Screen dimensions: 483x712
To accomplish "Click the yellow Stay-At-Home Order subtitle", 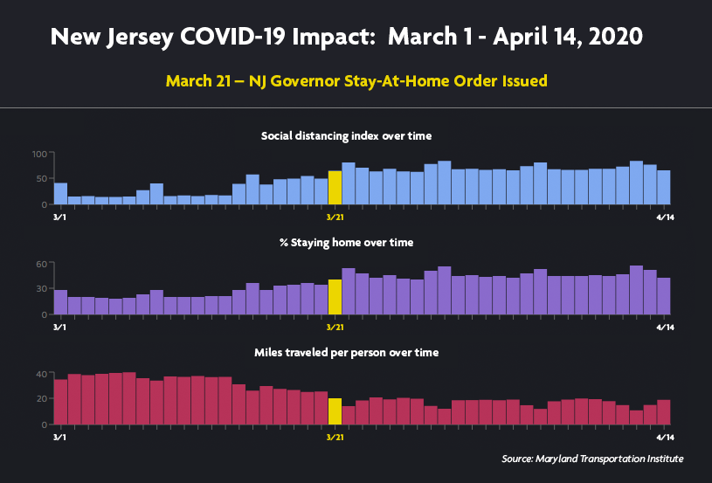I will pyautogui.click(x=356, y=81).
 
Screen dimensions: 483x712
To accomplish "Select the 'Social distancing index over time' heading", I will pyautogui.click(x=346, y=135).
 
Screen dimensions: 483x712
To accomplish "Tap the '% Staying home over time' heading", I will pyautogui.click(x=346, y=242).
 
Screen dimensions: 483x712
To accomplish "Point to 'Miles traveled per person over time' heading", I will pyautogui.click(x=346, y=352).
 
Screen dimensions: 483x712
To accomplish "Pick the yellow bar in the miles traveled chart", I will pyautogui.click(x=335, y=411).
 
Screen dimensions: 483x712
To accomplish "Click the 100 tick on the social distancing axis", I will pyautogui.click(x=38, y=155).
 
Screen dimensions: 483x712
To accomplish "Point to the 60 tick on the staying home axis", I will pyautogui.click(x=40, y=264).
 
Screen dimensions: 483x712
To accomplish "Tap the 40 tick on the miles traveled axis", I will pyautogui.click(x=40, y=374).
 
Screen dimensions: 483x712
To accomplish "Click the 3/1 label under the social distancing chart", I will pyautogui.click(x=59, y=217).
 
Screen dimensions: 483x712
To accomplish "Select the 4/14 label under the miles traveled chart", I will pyautogui.click(x=663, y=437).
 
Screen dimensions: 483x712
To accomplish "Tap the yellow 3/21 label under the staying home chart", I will pyautogui.click(x=335, y=327).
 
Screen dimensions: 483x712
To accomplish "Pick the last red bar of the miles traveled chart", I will pyautogui.click(x=664, y=412).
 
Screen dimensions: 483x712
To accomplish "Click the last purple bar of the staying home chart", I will pyautogui.click(x=664, y=296).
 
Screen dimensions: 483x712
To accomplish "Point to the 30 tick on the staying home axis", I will pyautogui.click(x=40, y=289).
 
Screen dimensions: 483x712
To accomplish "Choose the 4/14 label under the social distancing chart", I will pyautogui.click(x=663, y=217).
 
